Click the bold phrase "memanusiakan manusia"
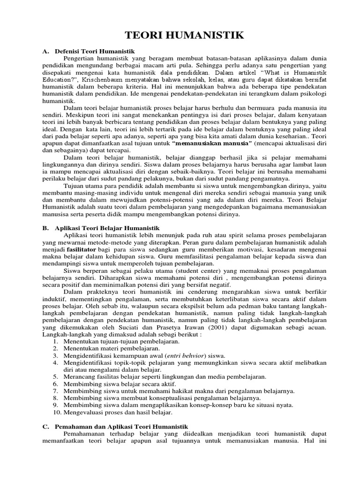click(212, 142)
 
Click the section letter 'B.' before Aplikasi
click(45, 227)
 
